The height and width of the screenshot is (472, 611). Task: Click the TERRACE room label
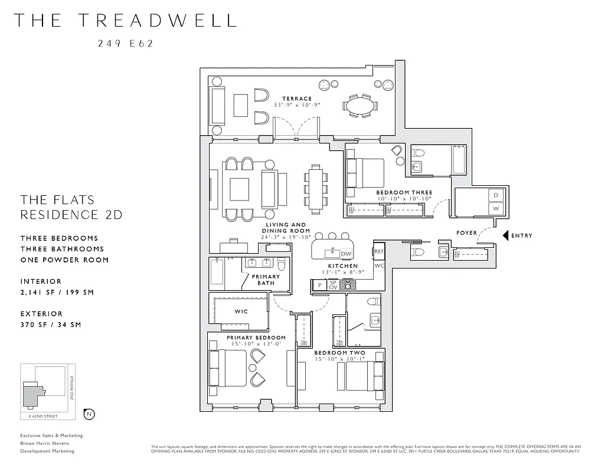(296, 99)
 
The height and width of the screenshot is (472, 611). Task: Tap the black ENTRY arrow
(505, 235)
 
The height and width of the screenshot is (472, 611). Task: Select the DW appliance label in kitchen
(346, 254)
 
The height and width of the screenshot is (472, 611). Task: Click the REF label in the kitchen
(378, 252)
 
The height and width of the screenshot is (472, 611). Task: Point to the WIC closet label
(241, 311)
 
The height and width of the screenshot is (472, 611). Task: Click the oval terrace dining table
(360, 106)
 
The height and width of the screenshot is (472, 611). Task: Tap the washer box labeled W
(496, 208)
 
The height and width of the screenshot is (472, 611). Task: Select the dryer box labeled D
(496, 195)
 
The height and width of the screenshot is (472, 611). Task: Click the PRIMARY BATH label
(266, 280)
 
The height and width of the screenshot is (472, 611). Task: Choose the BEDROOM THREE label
(404, 192)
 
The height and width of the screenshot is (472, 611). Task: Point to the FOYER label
(466, 233)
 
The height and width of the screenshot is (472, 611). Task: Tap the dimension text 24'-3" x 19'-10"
(286, 237)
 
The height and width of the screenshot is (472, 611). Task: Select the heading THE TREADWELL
(125, 20)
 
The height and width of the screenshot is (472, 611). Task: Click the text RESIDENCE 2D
(71, 215)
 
